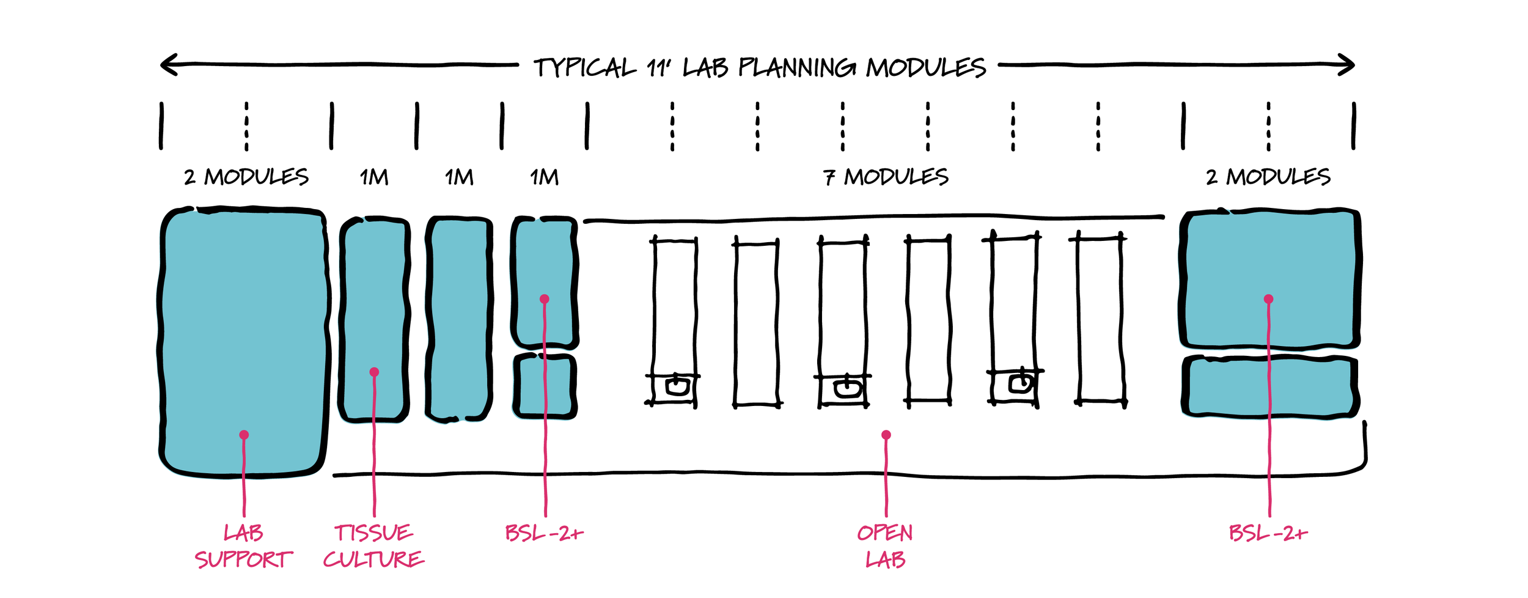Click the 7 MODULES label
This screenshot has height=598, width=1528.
pos(886,177)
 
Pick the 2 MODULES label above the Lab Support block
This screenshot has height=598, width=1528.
pos(246,177)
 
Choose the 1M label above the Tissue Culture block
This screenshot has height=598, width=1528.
pos(374,177)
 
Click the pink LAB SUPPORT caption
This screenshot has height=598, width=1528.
pos(243,546)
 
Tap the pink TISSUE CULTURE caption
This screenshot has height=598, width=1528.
pos(373,546)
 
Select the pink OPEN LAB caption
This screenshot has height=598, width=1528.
pos(885,546)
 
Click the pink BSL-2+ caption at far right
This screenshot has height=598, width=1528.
pos(1268,533)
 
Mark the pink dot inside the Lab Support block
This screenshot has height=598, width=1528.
pos(244,435)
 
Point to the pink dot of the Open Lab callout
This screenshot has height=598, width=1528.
pos(886,435)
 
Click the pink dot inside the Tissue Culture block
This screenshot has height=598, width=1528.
pos(375,372)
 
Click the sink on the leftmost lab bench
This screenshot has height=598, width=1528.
pos(677,386)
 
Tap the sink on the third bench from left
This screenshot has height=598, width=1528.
pos(847,388)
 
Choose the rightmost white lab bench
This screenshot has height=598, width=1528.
pos(1100,318)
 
